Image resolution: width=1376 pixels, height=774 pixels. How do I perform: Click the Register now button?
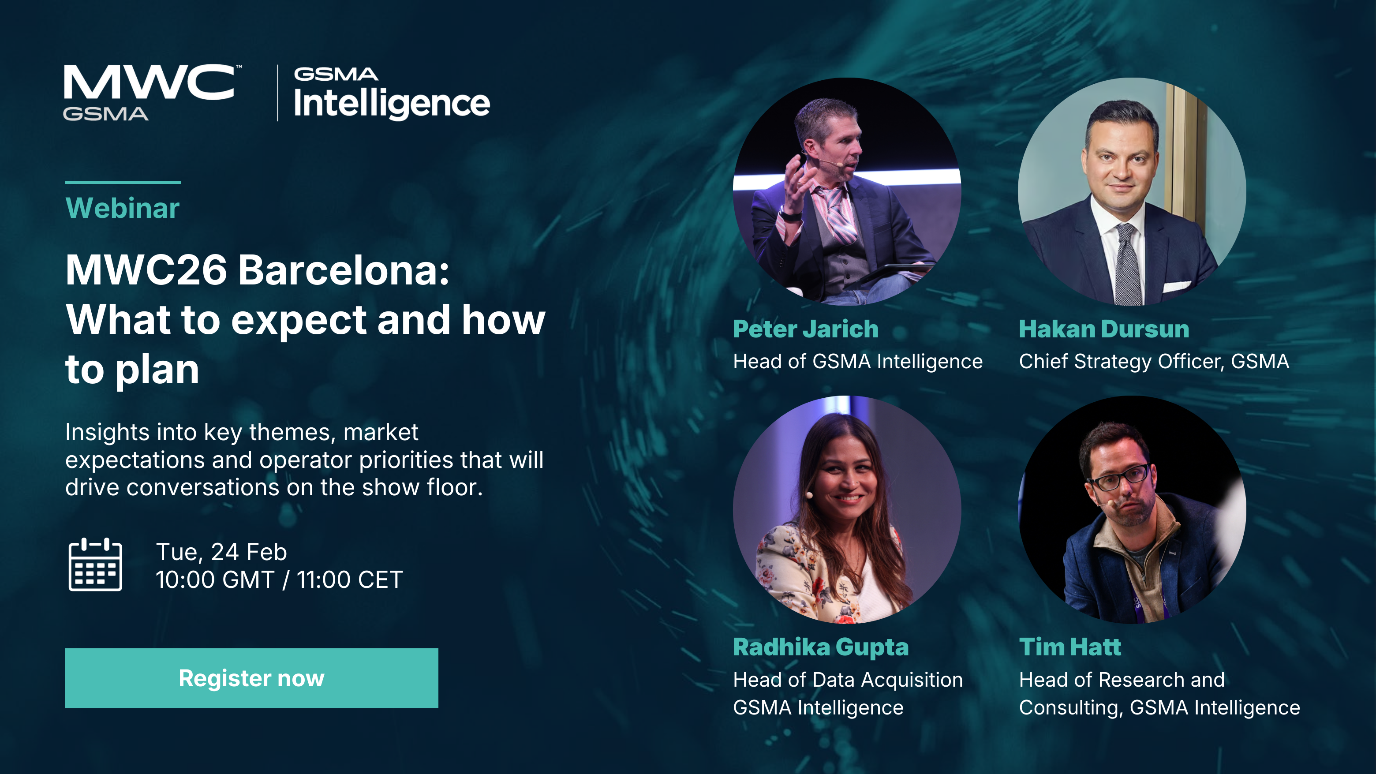[251, 678]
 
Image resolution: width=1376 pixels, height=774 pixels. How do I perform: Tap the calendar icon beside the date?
[95, 565]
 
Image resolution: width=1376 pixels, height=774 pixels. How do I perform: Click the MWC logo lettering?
[149, 82]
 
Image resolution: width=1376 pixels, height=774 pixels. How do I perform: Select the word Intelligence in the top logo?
[392, 103]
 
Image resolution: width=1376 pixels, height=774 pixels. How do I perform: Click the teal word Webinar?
[122, 208]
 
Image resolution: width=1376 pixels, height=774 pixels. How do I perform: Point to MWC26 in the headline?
[146, 270]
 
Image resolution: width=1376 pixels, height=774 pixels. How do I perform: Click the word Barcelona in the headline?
[343, 270]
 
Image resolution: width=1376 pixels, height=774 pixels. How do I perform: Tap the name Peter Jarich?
[805, 329]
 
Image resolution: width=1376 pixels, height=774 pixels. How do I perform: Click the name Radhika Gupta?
[820, 647]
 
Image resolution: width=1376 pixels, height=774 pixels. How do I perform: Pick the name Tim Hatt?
[1069, 647]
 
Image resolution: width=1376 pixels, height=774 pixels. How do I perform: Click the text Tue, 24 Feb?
[221, 552]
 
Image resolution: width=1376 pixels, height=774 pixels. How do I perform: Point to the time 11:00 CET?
[349, 580]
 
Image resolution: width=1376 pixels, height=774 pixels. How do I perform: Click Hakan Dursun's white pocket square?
[1176, 287]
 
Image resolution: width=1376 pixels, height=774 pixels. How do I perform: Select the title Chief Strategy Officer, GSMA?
[1154, 362]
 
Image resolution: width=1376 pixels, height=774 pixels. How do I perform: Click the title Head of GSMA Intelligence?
[857, 362]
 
